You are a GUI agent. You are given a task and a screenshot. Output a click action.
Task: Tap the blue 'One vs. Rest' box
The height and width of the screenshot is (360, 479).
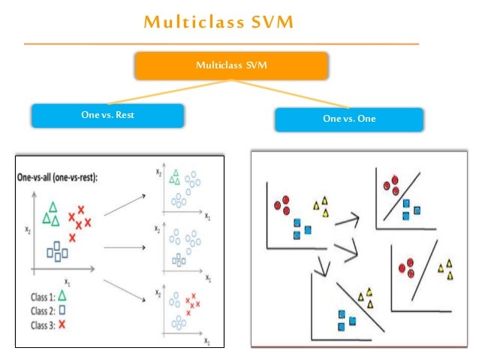(107, 115)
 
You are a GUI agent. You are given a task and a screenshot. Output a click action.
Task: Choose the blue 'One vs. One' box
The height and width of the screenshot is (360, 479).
(348, 119)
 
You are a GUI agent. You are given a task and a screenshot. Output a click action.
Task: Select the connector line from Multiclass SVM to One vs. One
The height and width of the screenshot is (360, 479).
(293, 94)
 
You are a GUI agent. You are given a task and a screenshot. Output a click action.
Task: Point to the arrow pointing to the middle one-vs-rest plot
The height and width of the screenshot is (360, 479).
(124, 247)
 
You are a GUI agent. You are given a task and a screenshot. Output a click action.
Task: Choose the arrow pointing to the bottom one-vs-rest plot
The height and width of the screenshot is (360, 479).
(125, 289)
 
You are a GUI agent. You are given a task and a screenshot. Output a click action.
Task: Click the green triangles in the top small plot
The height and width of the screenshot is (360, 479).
(174, 177)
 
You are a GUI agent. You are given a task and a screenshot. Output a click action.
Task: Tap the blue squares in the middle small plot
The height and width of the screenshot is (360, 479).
(177, 259)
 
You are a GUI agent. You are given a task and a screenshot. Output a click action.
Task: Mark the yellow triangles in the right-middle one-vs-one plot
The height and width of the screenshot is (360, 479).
(446, 268)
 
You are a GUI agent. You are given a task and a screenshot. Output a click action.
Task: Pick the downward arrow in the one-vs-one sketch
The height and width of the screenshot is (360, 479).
(323, 264)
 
